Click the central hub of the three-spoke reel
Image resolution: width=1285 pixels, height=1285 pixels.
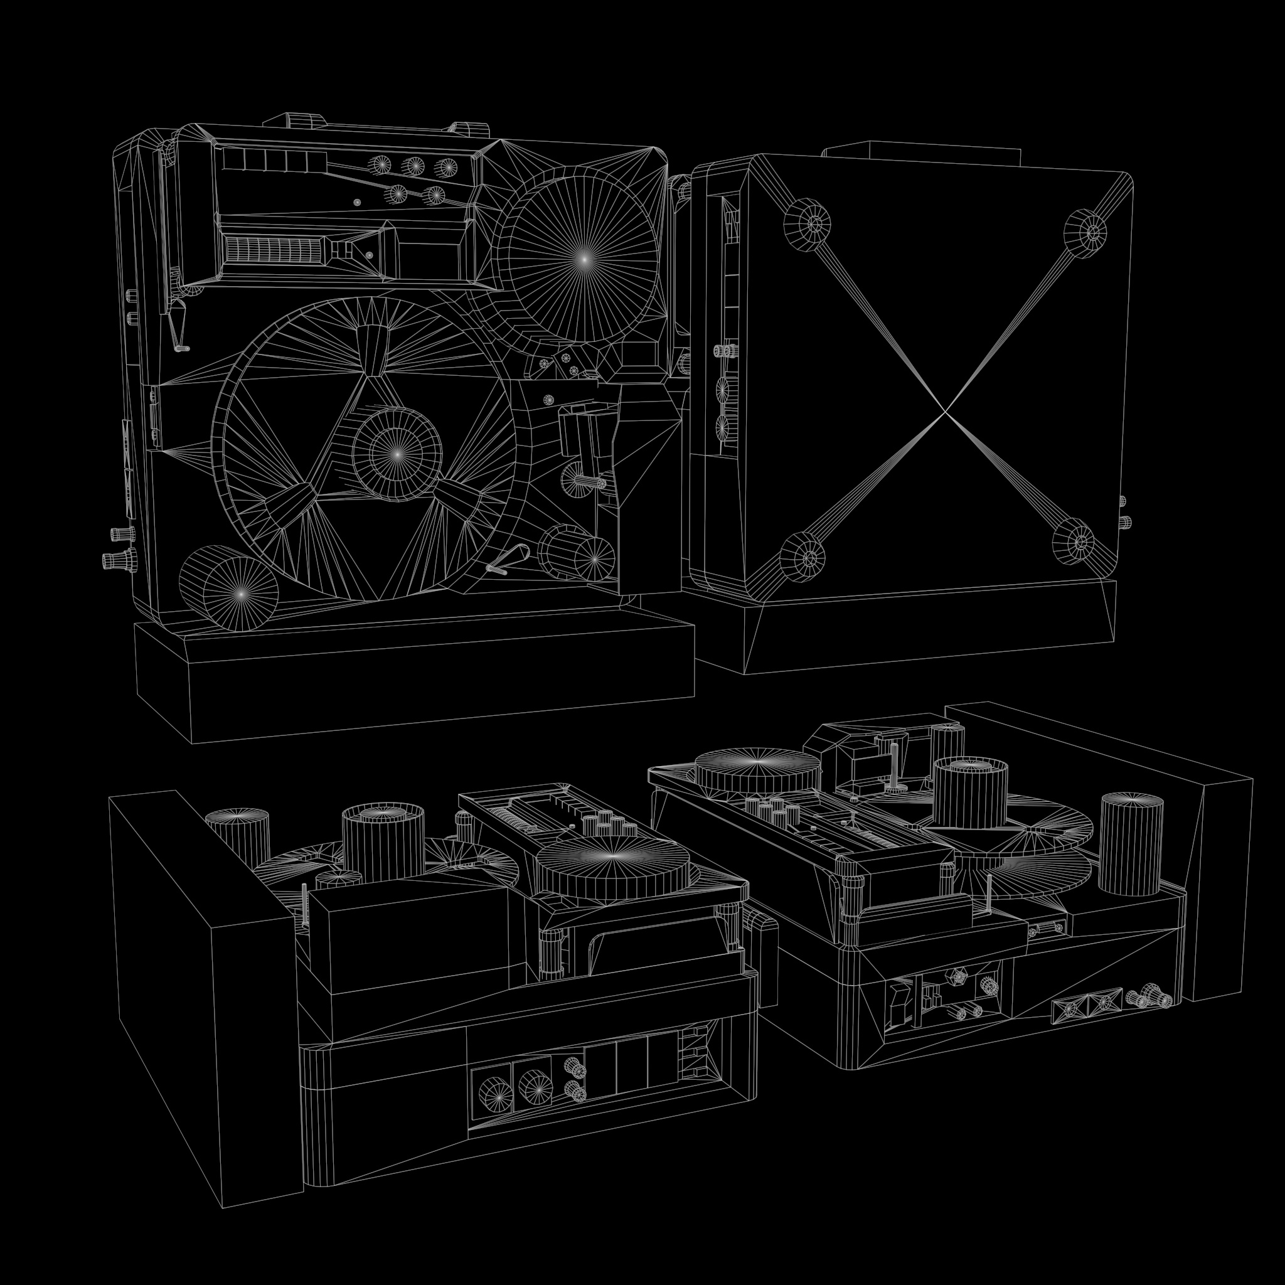coord(397,454)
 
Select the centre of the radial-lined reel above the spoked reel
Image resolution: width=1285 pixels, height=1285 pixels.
coord(584,259)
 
